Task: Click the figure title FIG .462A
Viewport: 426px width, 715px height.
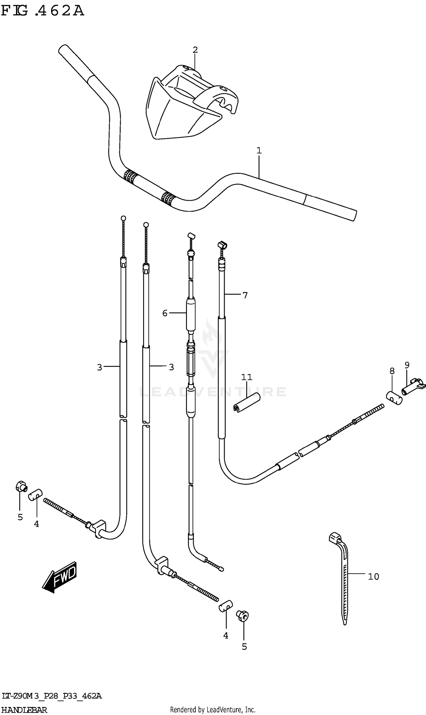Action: pyautogui.click(x=43, y=11)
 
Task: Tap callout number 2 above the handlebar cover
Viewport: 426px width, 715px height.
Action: pyautogui.click(x=195, y=50)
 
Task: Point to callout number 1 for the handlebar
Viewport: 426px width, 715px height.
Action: pyautogui.click(x=259, y=150)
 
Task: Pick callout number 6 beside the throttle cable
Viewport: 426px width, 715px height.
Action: pyautogui.click(x=164, y=313)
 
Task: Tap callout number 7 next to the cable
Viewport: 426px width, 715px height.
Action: pyautogui.click(x=245, y=295)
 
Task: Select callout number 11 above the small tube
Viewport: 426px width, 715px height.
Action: pyautogui.click(x=246, y=377)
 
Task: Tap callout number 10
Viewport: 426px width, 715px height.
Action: pyautogui.click(x=373, y=577)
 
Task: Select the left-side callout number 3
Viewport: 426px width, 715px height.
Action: pyautogui.click(x=99, y=367)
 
